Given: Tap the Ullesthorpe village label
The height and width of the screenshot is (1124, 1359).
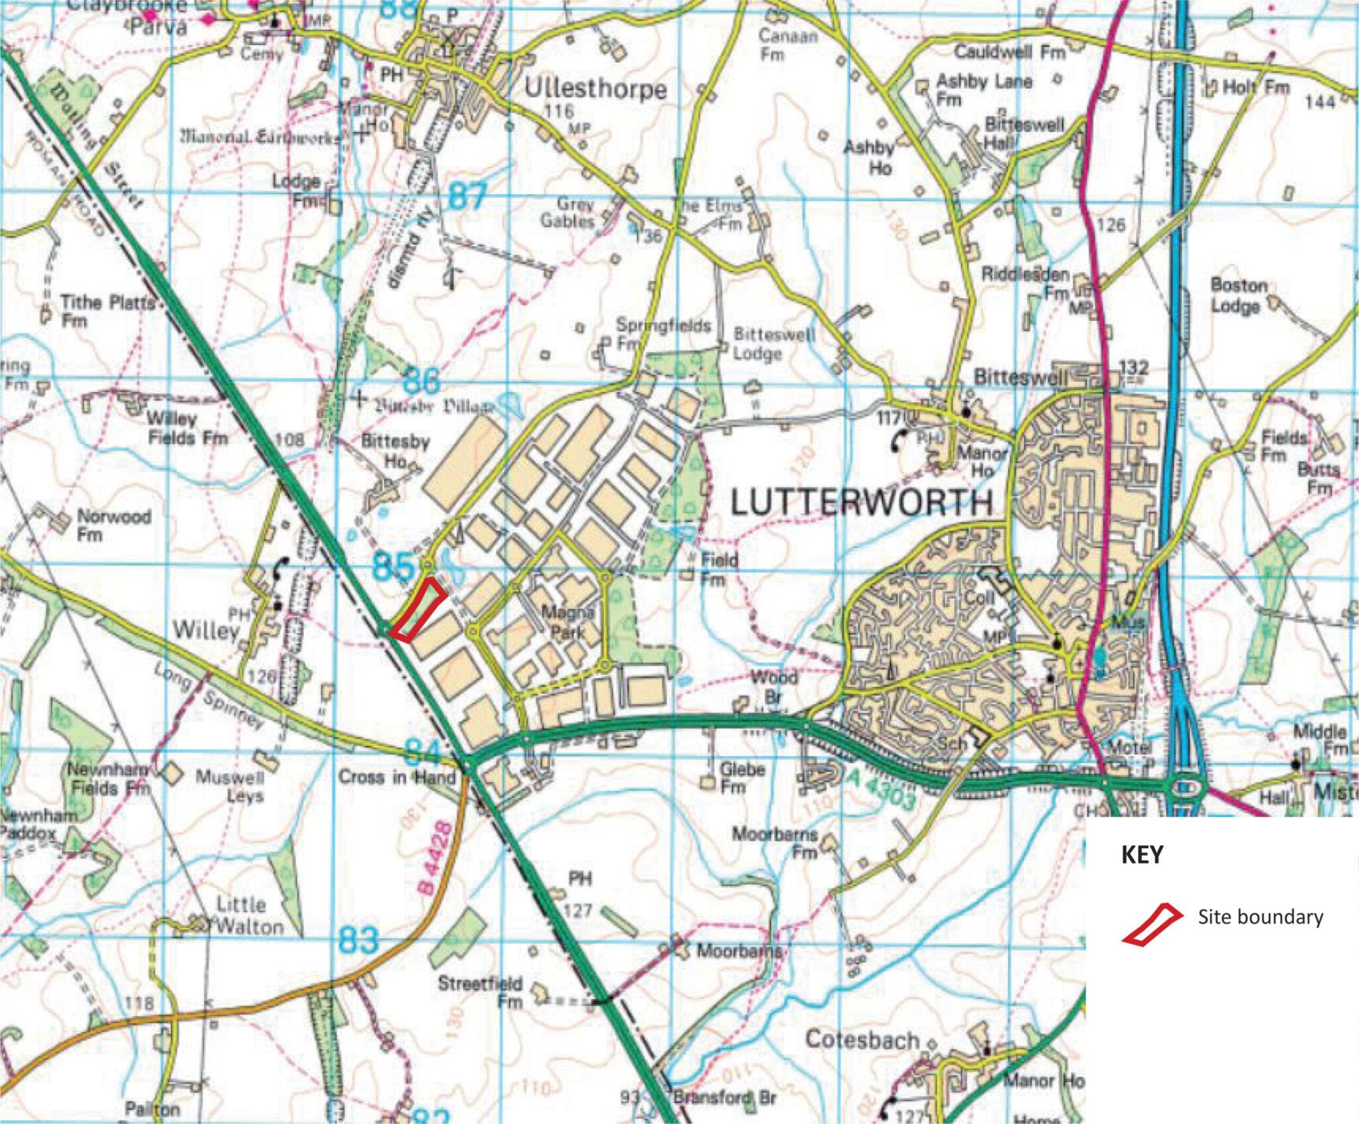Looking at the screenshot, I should coord(595,89).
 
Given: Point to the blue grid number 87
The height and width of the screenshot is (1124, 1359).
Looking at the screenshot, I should coord(467,197).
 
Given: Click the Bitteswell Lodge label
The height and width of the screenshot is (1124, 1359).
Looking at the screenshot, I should coord(773,344).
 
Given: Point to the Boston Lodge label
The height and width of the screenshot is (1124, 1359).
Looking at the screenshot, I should coord(1239,296).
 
